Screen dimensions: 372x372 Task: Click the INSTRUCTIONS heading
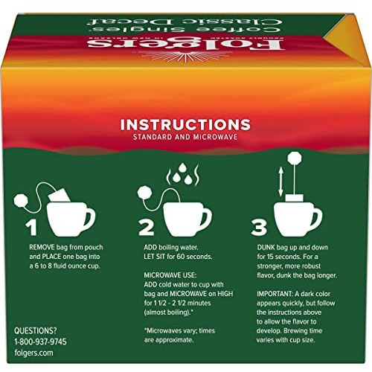185,124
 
